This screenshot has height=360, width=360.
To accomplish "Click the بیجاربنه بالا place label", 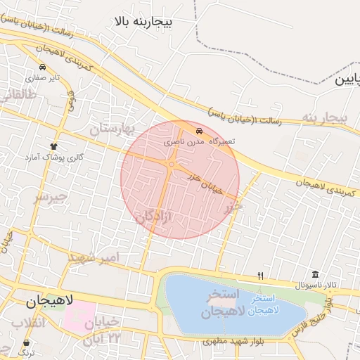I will pos(152,22).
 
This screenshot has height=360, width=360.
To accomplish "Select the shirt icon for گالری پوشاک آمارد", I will pos(53,146).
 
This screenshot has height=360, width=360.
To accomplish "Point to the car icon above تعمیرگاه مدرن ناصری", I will pos(200,131).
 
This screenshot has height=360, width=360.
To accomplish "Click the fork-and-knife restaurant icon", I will pos(261,276).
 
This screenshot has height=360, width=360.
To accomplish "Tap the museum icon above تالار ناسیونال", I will pos(314,274).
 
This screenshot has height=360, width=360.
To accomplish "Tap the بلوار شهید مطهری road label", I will pos(223,342).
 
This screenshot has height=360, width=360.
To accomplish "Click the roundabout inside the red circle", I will pos(172,165).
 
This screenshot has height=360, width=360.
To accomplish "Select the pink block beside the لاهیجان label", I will pos(79,317).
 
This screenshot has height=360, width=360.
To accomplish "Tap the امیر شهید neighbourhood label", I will pos(94,258).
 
